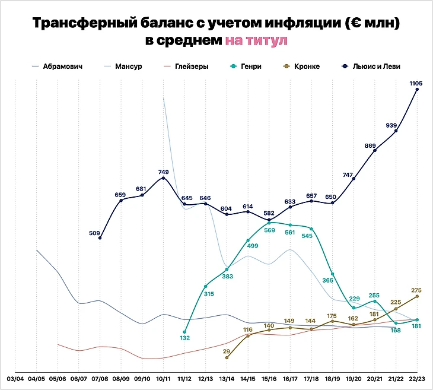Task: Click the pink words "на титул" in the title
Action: coord(256,41)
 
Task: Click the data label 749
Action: coord(164,172)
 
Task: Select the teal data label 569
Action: coord(269,230)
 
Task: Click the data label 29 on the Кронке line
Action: coord(227,352)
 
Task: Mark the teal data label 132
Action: coord(184,338)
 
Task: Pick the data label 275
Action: coord(416,290)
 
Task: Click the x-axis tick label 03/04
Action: coord(15,379)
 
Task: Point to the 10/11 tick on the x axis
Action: coord(163,379)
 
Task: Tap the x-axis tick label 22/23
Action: coord(417,379)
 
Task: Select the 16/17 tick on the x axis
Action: coord(290,379)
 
